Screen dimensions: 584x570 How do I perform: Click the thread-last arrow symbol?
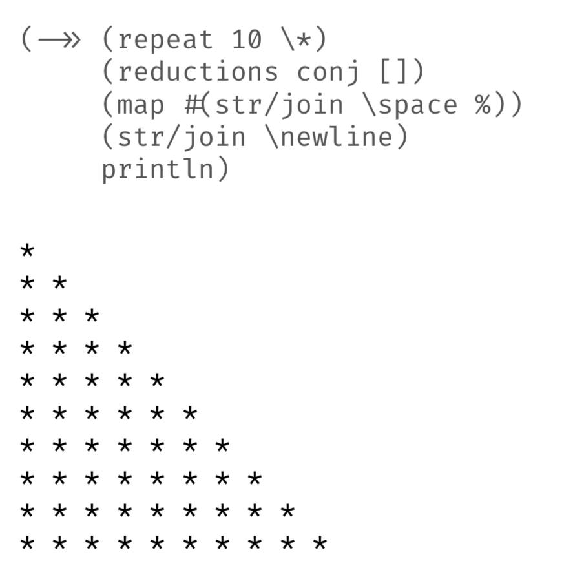pyautogui.click(x=59, y=39)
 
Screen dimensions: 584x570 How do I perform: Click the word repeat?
pyautogui.click(x=165, y=40)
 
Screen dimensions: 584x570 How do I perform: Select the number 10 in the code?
pyautogui.click(x=246, y=39)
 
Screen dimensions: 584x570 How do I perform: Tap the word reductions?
pyautogui.click(x=198, y=71)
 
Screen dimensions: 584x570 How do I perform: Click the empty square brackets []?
pyautogui.click(x=393, y=72)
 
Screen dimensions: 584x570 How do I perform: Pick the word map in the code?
pyautogui.click(x=140, y=105)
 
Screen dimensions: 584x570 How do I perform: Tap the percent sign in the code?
pyautogui.click(x=483, y=105)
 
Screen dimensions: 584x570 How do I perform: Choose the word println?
pyautogui.click(x=158, y=169)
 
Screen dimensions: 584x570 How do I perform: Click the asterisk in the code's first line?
pyautogui.click(x=304, y=39)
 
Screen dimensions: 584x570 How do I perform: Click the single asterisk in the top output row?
pyautogui.click(x=27, y=250)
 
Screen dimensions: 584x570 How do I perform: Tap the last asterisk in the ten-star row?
pyautogui.click(x=320, y=543)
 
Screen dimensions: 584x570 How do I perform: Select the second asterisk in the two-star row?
pyautogui.click(x=59, y=283)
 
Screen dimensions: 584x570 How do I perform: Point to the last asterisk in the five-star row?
pyautogui.click(x=157, y=381)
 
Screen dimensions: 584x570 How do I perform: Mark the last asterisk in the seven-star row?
pyautogui.click(x=222, y=445)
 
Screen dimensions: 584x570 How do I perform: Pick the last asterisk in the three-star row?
pyautogui.click(x=92, y=315)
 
